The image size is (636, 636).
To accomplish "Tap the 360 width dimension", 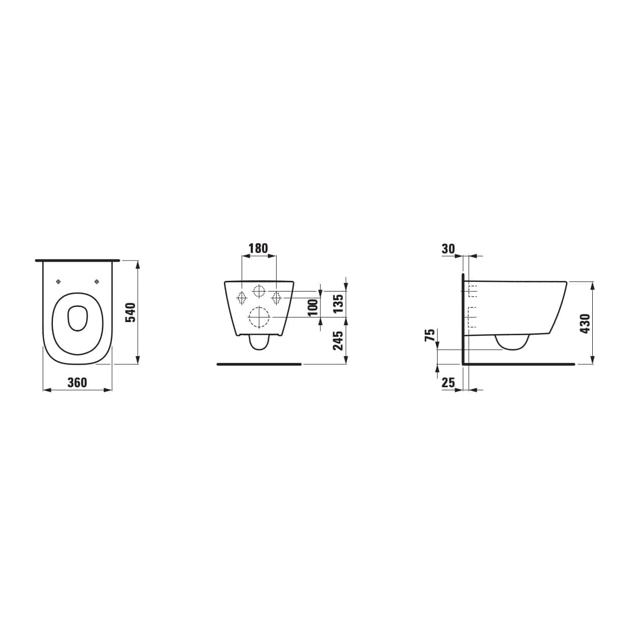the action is (77, 383).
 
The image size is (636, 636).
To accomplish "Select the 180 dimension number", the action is (258, 248).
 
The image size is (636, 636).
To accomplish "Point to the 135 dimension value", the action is (338, 303).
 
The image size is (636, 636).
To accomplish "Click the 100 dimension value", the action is (312, 307).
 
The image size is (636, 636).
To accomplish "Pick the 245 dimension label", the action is (338, 340).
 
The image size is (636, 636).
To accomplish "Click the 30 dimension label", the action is (448, 249).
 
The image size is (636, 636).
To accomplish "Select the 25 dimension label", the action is (448, 383).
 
